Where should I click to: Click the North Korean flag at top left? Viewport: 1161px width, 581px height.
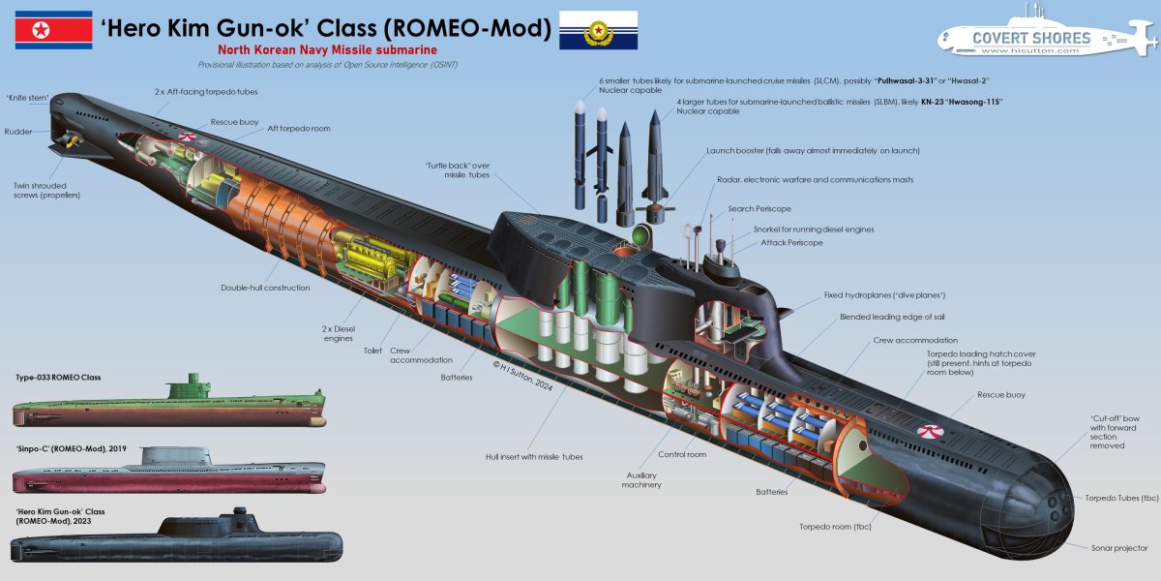[x=53, y=30]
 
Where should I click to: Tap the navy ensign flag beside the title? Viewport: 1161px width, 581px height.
[x=599, y=30]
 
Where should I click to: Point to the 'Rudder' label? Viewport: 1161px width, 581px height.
[x=18, y=132]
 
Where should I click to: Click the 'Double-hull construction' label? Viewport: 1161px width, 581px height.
[x=265, y=288]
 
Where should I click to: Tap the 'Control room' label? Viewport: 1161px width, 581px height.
[x=683, y=454]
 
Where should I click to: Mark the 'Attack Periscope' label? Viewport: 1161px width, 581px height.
[x=791, y=242]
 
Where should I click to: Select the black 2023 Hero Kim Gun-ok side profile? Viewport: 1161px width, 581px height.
[x=179, y=541]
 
